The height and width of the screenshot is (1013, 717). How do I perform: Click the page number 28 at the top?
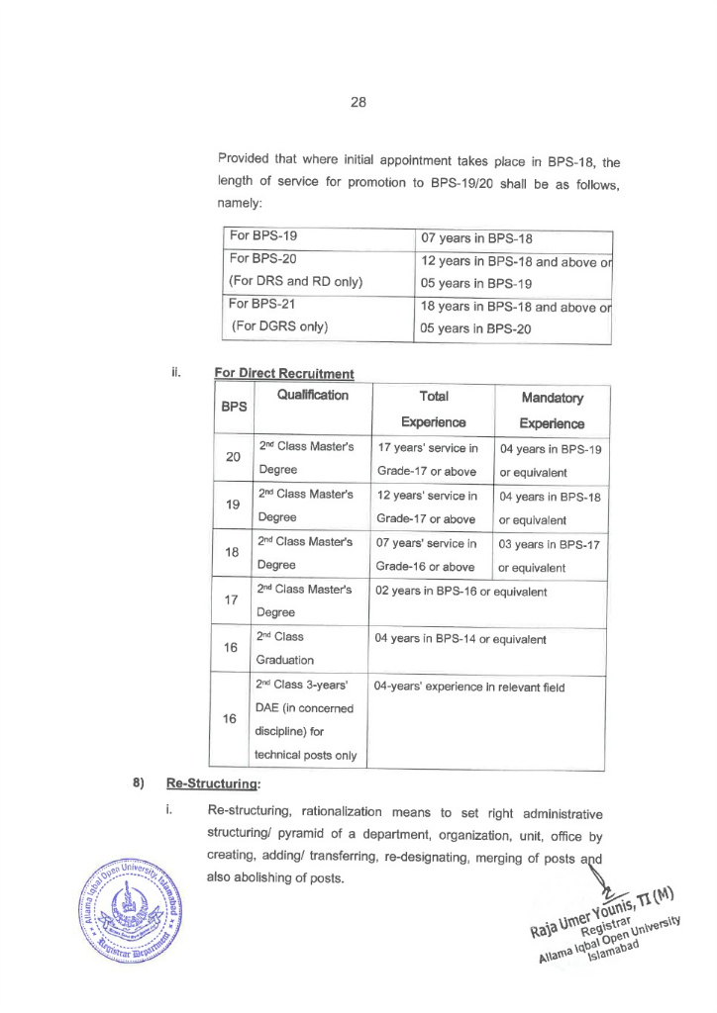(358, 102)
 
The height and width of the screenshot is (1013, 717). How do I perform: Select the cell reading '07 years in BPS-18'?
(478, 237)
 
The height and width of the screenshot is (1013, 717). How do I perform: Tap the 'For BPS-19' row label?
(264, 237)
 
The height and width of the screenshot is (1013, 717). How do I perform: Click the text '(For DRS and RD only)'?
(296, 281)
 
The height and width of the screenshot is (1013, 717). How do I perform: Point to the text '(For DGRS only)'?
(280, 325)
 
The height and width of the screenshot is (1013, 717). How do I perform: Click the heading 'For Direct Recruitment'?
(284, 374)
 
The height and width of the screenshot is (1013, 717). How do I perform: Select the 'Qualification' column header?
(313, 396)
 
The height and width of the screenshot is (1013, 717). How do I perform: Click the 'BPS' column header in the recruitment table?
(235, 407)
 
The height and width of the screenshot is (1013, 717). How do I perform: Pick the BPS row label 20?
(234, 457)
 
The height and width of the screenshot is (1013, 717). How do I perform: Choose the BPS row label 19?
(234, 505)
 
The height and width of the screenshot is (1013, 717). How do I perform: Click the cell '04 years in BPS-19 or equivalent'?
(551, 459)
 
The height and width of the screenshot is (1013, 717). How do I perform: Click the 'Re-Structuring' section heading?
(212, 783)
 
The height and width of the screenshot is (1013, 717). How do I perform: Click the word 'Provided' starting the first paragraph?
(244, 158)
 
